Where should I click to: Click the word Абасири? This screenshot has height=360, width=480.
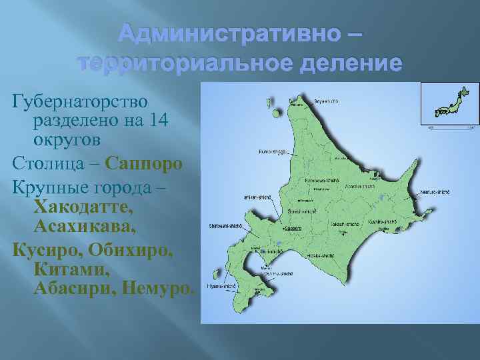pos(70,289)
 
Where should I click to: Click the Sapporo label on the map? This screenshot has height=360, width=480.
pos(293,228)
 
